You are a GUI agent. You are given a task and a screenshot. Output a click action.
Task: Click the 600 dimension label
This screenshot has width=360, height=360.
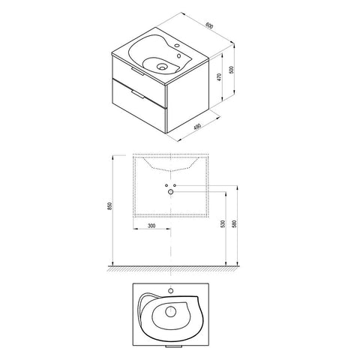209,25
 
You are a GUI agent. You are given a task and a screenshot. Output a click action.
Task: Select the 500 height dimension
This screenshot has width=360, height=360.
231,70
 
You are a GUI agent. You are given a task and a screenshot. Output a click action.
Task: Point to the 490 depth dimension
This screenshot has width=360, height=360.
197,127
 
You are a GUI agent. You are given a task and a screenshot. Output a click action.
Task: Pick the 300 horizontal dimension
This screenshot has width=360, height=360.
151,226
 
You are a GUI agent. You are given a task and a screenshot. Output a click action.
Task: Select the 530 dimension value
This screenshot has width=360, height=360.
223,223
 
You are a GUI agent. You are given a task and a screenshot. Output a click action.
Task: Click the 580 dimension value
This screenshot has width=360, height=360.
234,223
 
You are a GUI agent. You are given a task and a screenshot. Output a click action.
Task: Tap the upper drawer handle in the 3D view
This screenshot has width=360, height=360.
136,70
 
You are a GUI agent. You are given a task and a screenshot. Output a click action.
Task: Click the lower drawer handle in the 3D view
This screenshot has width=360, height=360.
137,94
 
